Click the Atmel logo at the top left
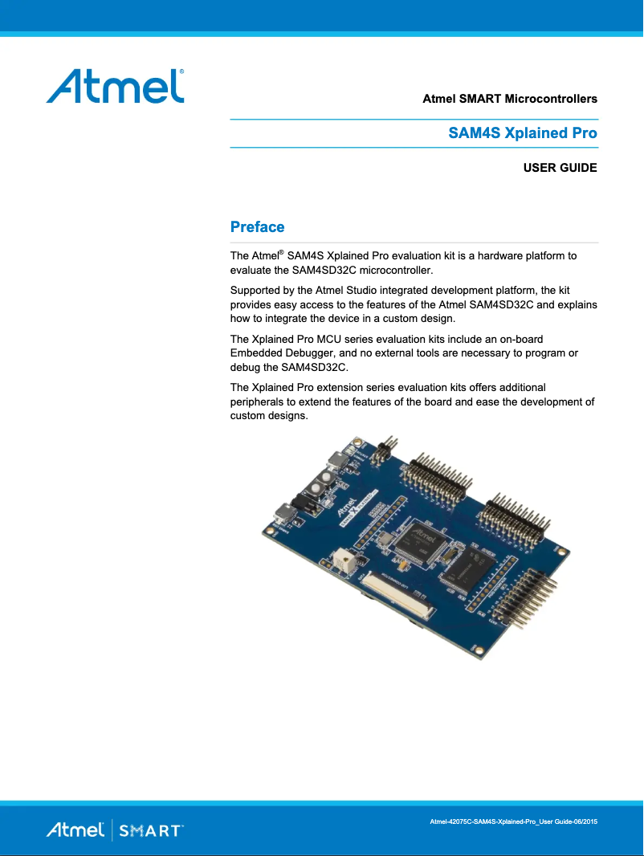(x=115, y=86)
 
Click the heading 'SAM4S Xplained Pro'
(x=522, y=133)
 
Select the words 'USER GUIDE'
(x=560, y=169)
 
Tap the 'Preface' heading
(x=257, y=227)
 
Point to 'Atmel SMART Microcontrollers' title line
(x=509, y=100)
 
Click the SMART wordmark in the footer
(x=151, y=830)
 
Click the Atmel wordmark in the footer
(x=75, y=830)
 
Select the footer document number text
(x=514, y=821)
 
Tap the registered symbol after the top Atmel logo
(x=182, y=72)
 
